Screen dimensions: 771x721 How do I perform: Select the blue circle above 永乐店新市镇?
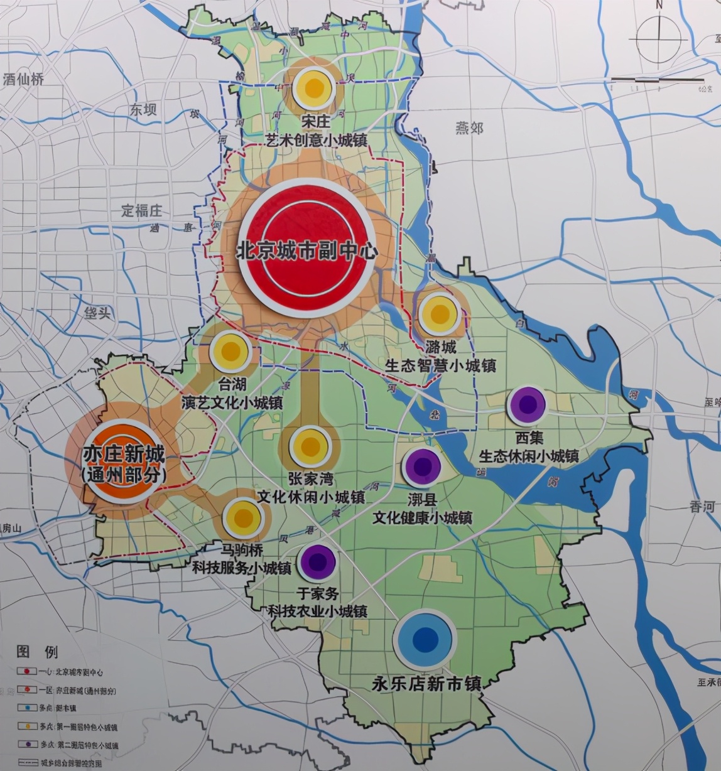[x=425, y=639]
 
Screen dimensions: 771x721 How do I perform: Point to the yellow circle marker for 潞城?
[x=438, y=313]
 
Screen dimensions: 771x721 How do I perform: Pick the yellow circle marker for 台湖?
[x=230, y=352]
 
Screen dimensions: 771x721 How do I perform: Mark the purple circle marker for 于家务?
[x=318, y=562]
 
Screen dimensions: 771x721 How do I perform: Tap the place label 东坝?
[x=143, y=110]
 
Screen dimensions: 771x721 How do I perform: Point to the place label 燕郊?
[x=469, y=127]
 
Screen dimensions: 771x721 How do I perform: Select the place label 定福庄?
[x=141, y=210]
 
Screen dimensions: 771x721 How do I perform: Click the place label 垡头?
[x=97, y=312]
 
